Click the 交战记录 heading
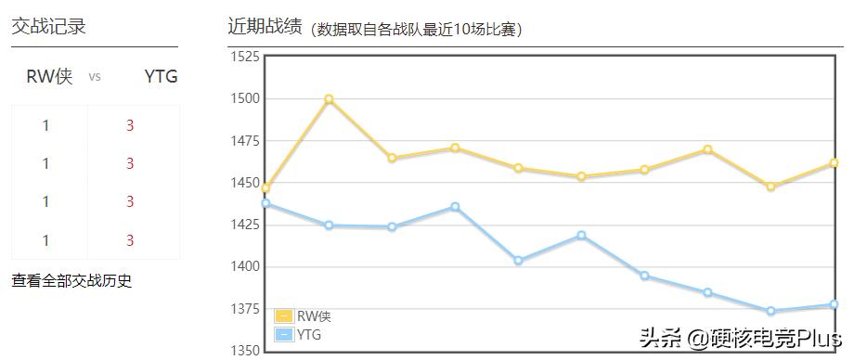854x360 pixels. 48,27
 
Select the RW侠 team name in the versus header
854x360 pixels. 49,76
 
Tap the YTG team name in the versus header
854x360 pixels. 161,76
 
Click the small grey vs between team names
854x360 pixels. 95,77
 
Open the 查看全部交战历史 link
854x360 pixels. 71,280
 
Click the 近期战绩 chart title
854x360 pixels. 265,26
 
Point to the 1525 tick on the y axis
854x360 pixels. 245,57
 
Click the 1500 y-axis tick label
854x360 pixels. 245,98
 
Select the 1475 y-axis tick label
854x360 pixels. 245,141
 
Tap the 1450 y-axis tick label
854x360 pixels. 245,183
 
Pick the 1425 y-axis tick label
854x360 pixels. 245,225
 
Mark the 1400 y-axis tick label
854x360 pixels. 245,267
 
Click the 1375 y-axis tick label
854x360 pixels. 245,309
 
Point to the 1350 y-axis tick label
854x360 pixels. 245,351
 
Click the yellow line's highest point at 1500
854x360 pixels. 329,99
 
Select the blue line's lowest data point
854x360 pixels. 770,311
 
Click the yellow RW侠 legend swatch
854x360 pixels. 284,316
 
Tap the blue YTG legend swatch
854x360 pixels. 284,334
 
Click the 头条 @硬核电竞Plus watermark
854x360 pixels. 740,336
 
